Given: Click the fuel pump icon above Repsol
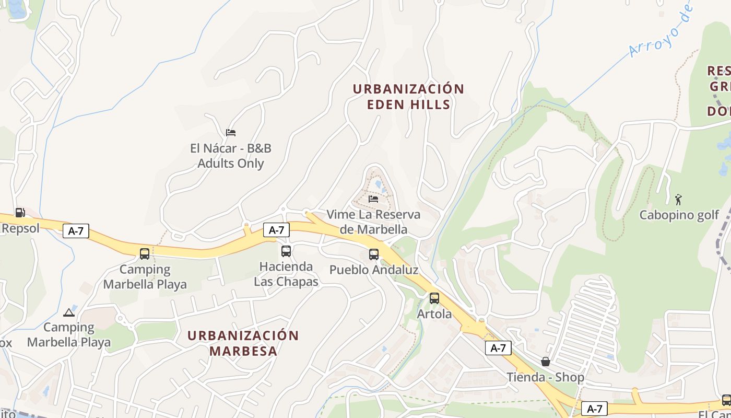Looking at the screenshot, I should [x=20, y=212].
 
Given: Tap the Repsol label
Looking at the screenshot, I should [x=20, y=228].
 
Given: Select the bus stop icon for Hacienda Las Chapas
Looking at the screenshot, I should [x=286, y=251].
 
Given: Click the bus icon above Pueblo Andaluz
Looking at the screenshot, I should [x=374, y=254].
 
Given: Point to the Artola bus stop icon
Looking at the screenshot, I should [x=434, y=298].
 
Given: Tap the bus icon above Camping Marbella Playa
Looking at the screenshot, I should [x=145, y=254].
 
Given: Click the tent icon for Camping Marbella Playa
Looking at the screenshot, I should [x=68, y=312].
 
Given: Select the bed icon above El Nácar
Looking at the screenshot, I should [x=231, y=133].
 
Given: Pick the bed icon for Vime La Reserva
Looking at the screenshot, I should [x=373, y=199].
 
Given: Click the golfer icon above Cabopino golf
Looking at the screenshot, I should [x=678, y=200].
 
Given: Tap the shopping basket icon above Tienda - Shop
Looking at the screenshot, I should [x=546, y=362].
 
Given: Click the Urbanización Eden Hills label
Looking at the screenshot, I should [x=408, y=97].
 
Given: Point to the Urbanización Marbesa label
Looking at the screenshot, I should [x=243, y=343].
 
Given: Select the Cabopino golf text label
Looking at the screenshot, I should [x=679, y=215].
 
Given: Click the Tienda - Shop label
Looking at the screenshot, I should [x=546, y=377].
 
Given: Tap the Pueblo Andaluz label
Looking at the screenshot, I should [x=374, y=270].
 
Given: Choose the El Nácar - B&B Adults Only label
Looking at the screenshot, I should [x=231, y=156].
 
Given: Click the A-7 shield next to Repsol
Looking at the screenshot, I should [x=76, y=231].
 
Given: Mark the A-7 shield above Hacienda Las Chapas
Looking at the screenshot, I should [x=277, y=230].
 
